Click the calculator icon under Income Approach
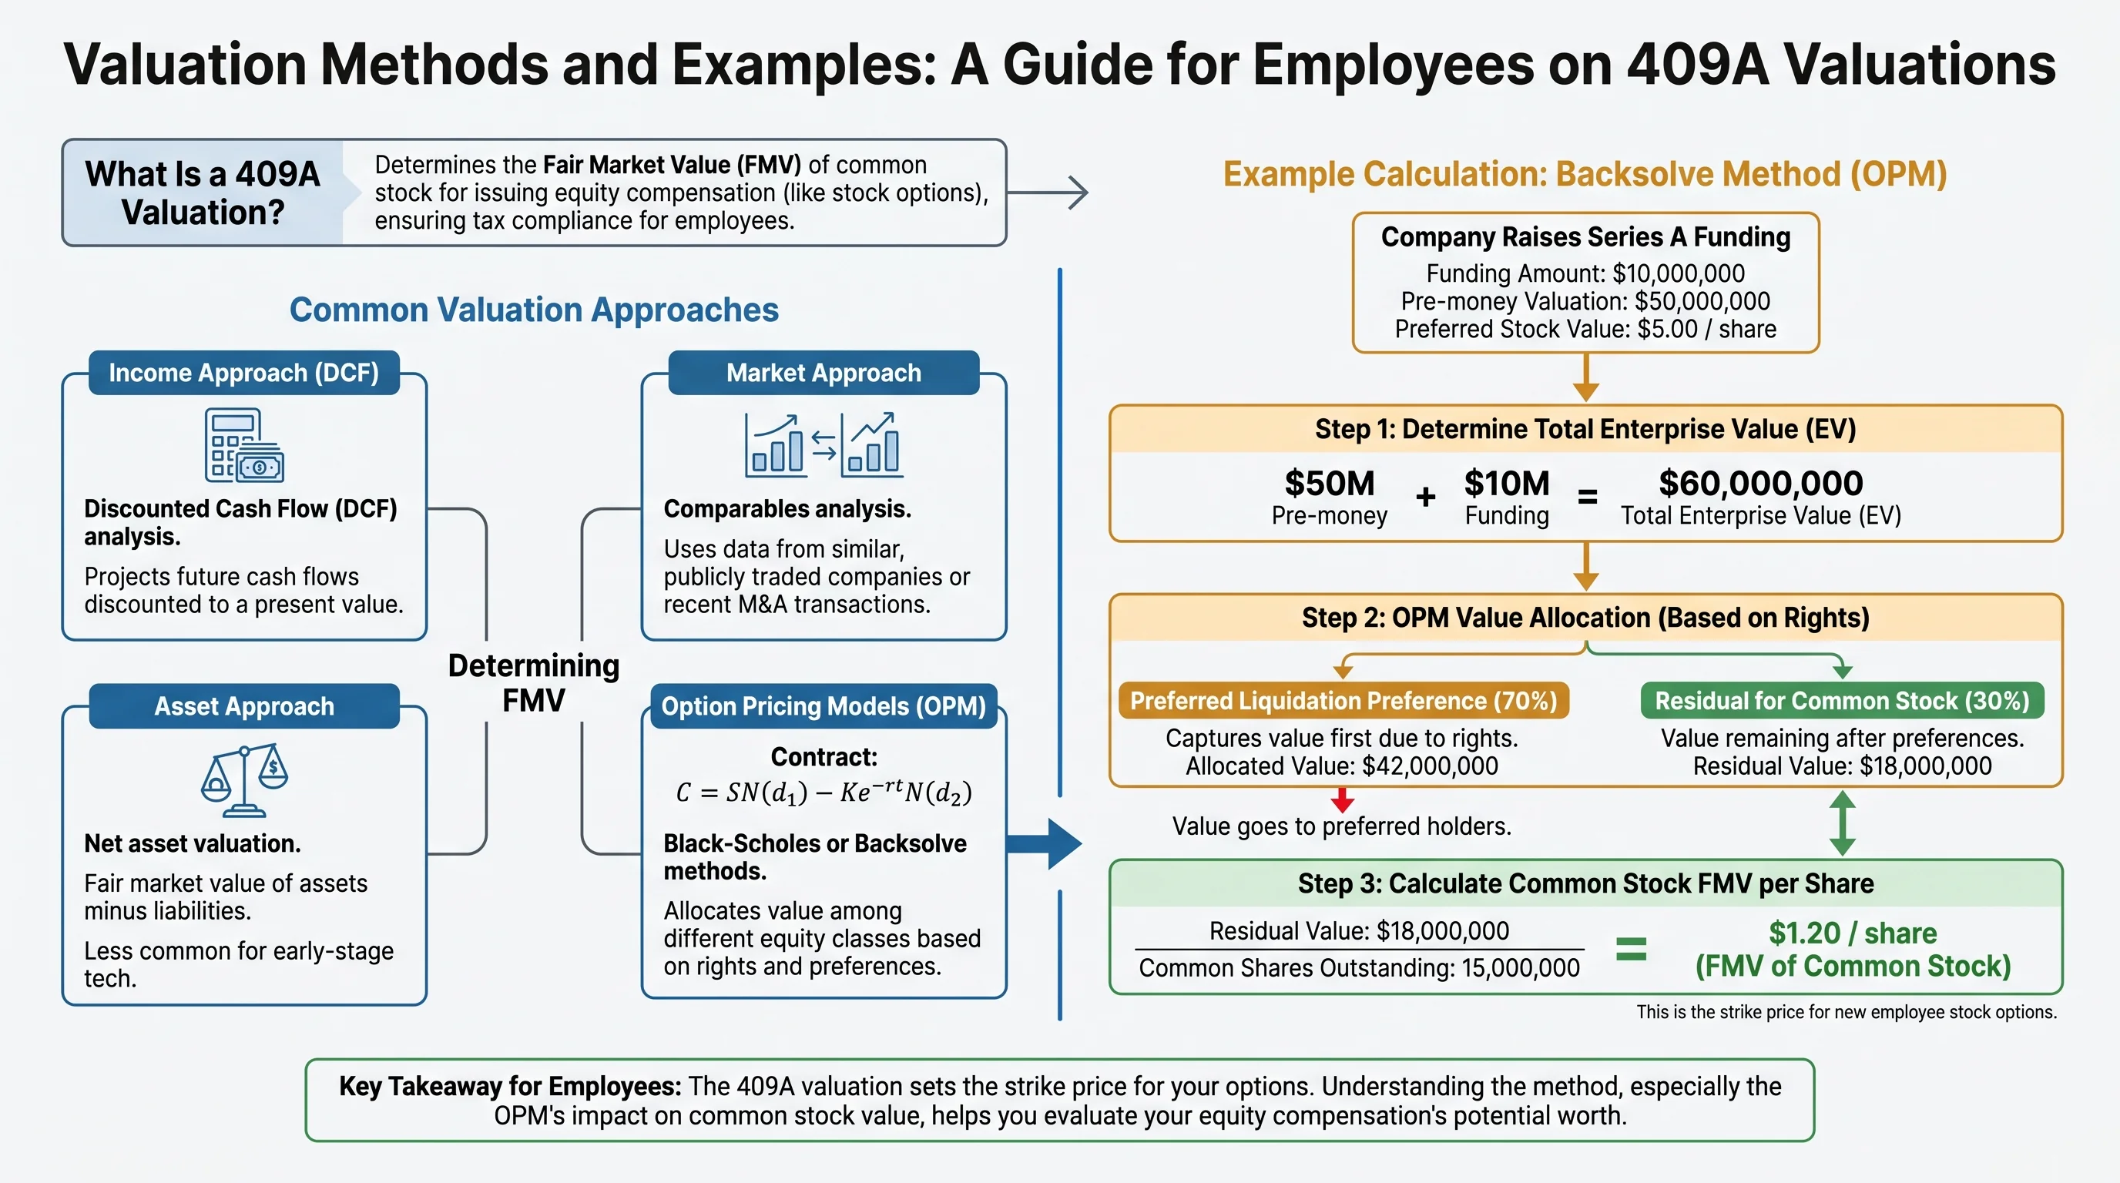pyautogui.click(x=243, y=445)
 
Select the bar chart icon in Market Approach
pyautogui.click(x=823, y=445)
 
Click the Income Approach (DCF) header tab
pyautogui.click(x=243, y=373)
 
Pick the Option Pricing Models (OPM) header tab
pyautogui.click(x=823, y=705)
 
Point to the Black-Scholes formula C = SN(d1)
pyautogui.click(x=823, y=793)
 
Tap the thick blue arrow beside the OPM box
pyautogui.click(x=1044, y=843)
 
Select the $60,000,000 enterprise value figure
pyautogui.click(x=1760, y=483)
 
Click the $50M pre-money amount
pyautogui.click(x=1329, y=483)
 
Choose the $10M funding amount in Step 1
pyautogui.click(x=1506, y=483)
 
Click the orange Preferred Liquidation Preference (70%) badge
pyautogui.click(x=1343, y=701)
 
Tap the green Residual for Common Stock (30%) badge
pyautogui.click(x=1842, y=701)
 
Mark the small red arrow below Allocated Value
pyautogui.click(x=1342, y=799)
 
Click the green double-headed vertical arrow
pyautogui.click(x=1842, y=823)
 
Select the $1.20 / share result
pyautogui.click(x=1853, y=933)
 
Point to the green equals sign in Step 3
pyautogui.click(x=1631, y=950)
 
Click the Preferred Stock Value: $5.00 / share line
pyautogui.click(x=1585, y=329)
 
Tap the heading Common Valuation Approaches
pyautogui.click(x=533, y=310)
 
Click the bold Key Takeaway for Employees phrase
pyautogui.click(x=509, y=1086)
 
